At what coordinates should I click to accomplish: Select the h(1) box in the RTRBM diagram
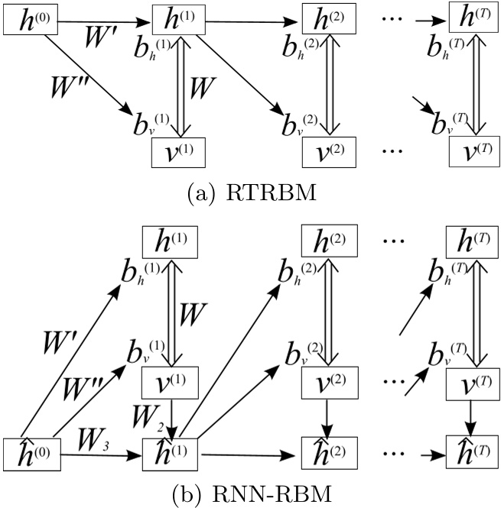tap(181, 18)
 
